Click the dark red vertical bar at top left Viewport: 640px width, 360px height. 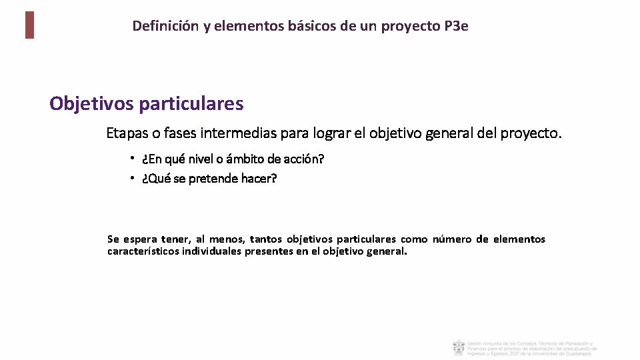pyautogui.click(x=29, y=25)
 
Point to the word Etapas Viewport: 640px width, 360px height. pyautogui.click(x=127, y=133)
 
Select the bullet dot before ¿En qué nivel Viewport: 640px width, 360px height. pyautogui.click(x=133, y=159)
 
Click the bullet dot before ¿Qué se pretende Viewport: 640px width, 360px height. pyautogui.click(x=133, y=178)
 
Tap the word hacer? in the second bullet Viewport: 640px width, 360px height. pyautogui.click(x=260, y=179)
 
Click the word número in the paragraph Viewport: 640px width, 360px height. pyautogui.click(x=452, y=239)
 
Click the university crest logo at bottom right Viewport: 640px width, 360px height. pyautogui.click(x=459, y=348)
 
